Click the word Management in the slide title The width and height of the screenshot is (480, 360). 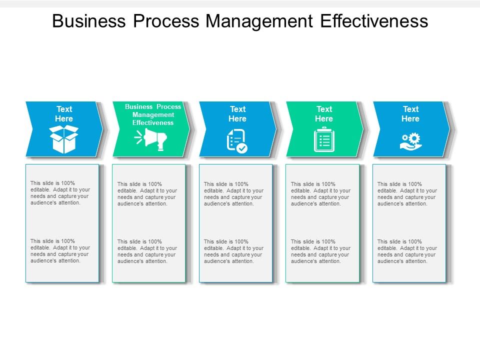pyautogui.click(x=259, y=21)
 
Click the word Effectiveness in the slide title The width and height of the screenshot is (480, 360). pyautogui.click(x=374, y=21)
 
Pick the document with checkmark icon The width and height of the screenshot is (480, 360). pyautogui.click(x=237, y=140)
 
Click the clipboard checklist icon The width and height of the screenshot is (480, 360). pyautogui.click(x=324, y=139)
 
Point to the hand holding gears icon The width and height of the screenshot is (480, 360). pyautogui.click(x=411, y=140)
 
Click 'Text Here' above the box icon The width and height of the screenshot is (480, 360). pyautogui.click(x=64, y=114)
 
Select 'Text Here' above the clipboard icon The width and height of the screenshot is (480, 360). pyautogui.click(x=324, y=114)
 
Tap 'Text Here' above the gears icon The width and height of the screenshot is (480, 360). pyautogui.click(x=410, y=114)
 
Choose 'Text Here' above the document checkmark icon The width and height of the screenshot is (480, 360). pyautogui.click(x=237, y=114)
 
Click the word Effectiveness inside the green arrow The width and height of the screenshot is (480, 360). pyautogui.click(x=153, y=123)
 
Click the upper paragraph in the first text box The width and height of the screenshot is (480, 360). pyautogui.click(x=60, y=193)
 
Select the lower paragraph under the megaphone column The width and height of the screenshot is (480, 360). pyautogui.click(x=147, y=251)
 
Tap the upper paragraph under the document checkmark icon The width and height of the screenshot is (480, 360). pyautogui.click(x=233, y=194)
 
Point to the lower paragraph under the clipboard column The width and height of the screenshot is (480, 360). pyautogui.click(x=320, y=251)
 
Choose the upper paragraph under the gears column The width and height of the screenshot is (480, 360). pyautogui.click(x=407, y=194)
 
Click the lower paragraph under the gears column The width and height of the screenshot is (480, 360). pyautogui.click(x=407, y=251)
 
